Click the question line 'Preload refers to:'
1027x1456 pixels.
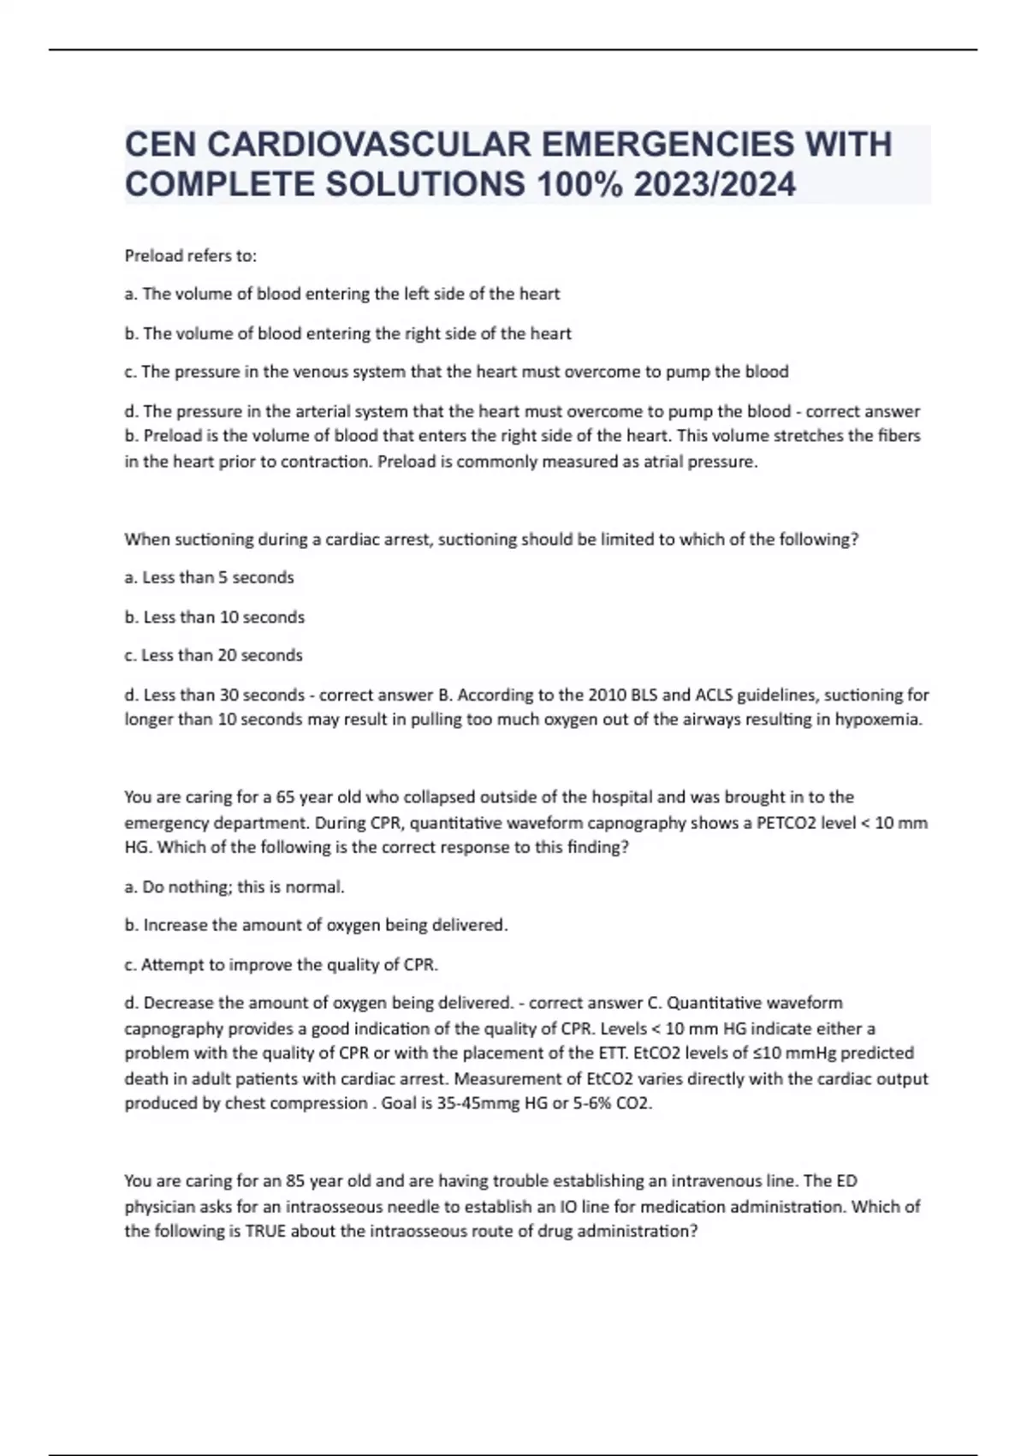point(191,255)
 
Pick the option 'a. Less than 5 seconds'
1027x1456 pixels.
point(210,578)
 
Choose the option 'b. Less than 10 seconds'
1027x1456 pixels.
point(215,618)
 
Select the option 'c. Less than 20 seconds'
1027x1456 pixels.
point(214,655)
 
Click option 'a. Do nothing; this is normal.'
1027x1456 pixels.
point(234,887)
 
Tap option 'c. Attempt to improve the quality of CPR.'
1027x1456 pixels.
point(282,964)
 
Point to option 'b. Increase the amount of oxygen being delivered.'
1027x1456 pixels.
point(317,925)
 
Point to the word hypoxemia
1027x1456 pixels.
point(878,719)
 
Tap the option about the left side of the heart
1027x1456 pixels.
point(342,294)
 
